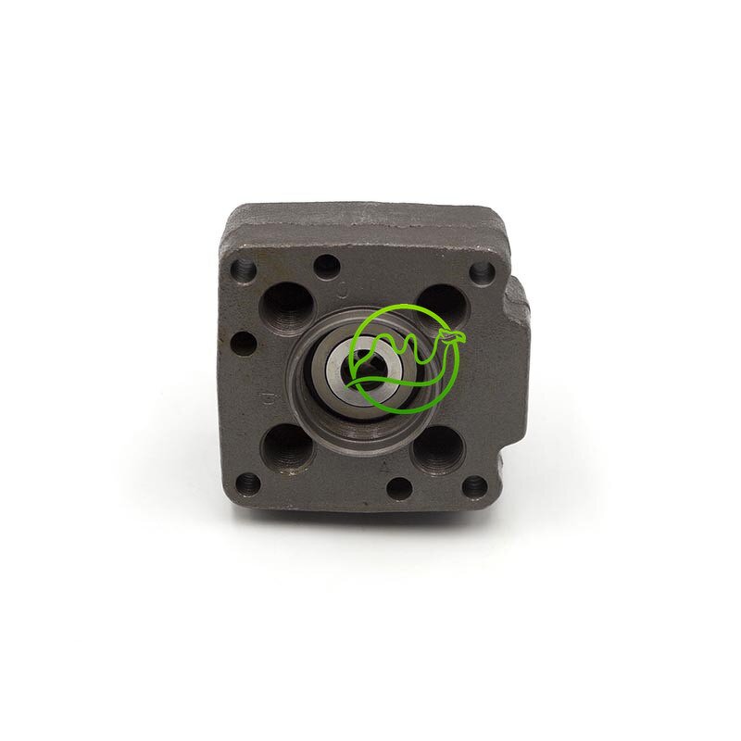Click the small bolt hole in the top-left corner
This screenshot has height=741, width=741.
[244, 270]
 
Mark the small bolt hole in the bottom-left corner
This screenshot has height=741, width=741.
[247, 482]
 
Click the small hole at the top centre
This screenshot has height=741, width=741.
[325, 267]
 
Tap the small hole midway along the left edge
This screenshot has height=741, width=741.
[244, 344]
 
